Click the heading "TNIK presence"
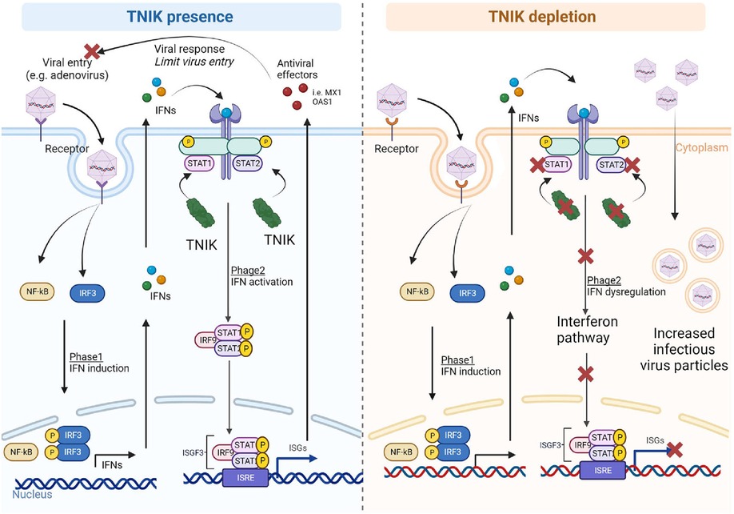[180, 17]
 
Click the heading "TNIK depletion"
[542, 17]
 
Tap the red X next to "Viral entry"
[92, 50]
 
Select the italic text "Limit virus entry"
[193, 62]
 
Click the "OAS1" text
[322, 101]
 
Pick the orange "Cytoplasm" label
[701, 148]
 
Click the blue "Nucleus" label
[32, 494]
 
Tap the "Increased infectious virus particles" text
[684, 349]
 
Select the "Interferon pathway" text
[587, 329]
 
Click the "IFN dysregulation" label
[626, 291]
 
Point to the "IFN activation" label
[261, 282]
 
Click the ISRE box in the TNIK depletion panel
[602, 469]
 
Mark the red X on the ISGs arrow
[674, 449]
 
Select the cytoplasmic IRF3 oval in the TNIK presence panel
[87, 293]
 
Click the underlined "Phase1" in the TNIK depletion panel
[457, 359]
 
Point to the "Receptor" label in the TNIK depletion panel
[396, 149]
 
